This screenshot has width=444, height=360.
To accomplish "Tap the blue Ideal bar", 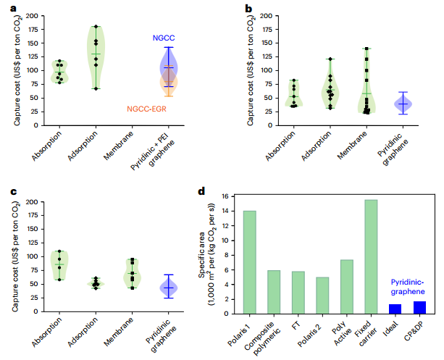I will pyautogui.click(x=395, y=309).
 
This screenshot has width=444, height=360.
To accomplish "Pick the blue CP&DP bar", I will pyautogui.click(x=419, y=308).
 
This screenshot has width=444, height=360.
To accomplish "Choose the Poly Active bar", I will pyautogui.click(x=346, y=287).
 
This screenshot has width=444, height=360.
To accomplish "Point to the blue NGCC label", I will pyautogui.click(x=164, y=38).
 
